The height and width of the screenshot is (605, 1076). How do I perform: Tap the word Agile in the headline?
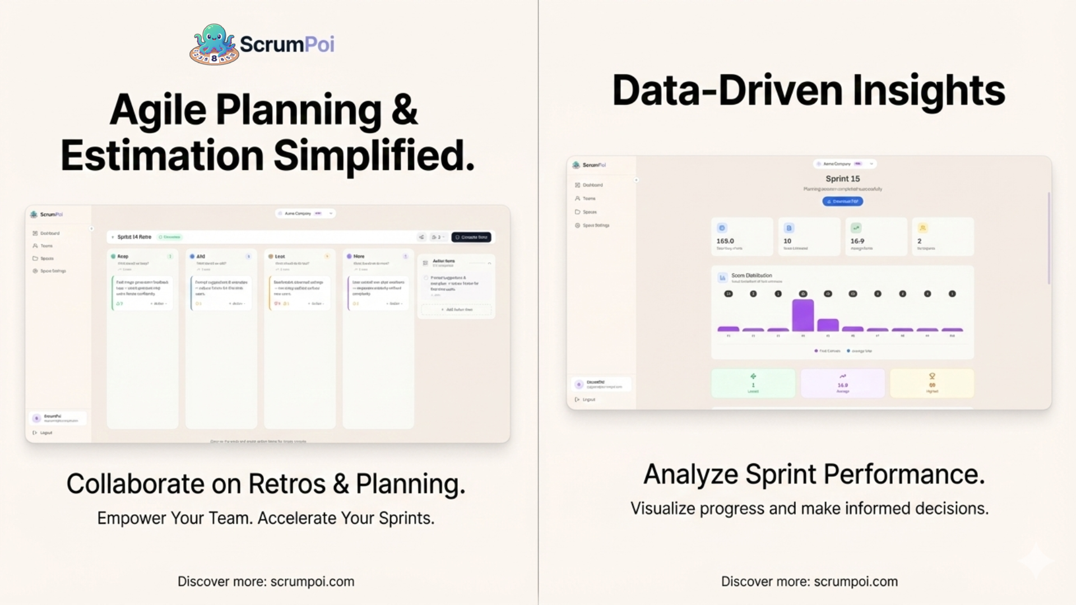point(158,109)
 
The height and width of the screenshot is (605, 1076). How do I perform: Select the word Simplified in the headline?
point(374,156)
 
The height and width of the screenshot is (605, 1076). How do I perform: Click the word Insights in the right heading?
point(929,90)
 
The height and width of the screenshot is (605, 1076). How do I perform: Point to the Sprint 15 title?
point(842,179)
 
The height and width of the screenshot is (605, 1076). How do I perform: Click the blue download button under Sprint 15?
point(842,201)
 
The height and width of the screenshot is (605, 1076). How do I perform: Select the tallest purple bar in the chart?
point(803,315)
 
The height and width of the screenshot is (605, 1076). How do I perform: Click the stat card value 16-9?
point(857,241)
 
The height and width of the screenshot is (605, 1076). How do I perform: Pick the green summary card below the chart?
point(753,383)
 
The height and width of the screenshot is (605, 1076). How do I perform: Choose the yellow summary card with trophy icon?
point(931,383)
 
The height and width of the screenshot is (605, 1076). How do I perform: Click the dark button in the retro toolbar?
point(471,237)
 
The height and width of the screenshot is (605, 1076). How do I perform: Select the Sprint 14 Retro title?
point(134,237)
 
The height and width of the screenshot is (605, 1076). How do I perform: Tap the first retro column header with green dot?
point(123,257)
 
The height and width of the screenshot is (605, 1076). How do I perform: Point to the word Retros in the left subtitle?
point(286,484)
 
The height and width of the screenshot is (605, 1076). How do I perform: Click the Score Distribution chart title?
point(752,276)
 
